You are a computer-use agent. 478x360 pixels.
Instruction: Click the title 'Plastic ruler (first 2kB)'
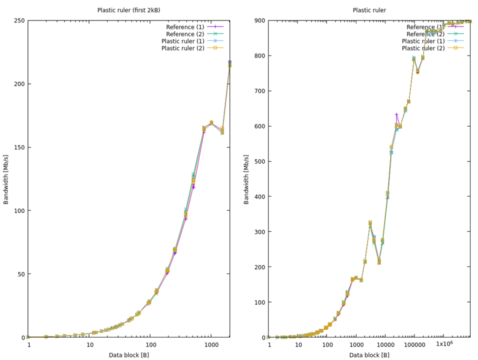128,10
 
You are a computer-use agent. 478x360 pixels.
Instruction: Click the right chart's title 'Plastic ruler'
369,10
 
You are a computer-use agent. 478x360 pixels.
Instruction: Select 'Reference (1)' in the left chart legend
183,26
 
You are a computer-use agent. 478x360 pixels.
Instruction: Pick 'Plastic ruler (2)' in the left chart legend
183,48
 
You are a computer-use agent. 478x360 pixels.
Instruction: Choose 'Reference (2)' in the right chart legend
424,33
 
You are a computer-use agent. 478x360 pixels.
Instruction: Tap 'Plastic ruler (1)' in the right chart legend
423,41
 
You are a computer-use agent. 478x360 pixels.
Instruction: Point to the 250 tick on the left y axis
20,20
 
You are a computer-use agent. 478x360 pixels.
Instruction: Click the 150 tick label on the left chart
20,147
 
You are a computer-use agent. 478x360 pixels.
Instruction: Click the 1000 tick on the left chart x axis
211,345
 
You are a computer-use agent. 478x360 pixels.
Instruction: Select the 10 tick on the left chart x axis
89,345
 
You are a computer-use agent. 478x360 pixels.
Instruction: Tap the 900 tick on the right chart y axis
258,20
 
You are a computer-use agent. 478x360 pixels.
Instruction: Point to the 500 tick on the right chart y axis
258,161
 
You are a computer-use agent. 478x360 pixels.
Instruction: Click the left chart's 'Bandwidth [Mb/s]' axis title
6,178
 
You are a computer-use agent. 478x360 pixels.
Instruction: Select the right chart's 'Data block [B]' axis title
369,355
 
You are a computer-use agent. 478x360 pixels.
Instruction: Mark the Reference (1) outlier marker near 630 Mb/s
396,115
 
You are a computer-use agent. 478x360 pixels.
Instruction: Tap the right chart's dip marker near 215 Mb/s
379,261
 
